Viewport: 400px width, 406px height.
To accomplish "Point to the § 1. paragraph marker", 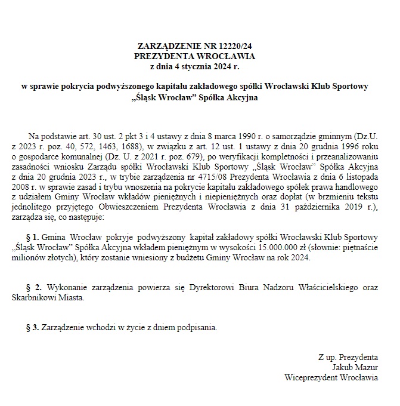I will [x=33, y=238].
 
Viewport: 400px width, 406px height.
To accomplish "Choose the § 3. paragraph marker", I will [x=33, y=328].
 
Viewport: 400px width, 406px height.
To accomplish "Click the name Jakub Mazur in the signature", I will [x=356, y=367].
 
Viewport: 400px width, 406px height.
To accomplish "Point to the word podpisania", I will [x=192, y=328].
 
